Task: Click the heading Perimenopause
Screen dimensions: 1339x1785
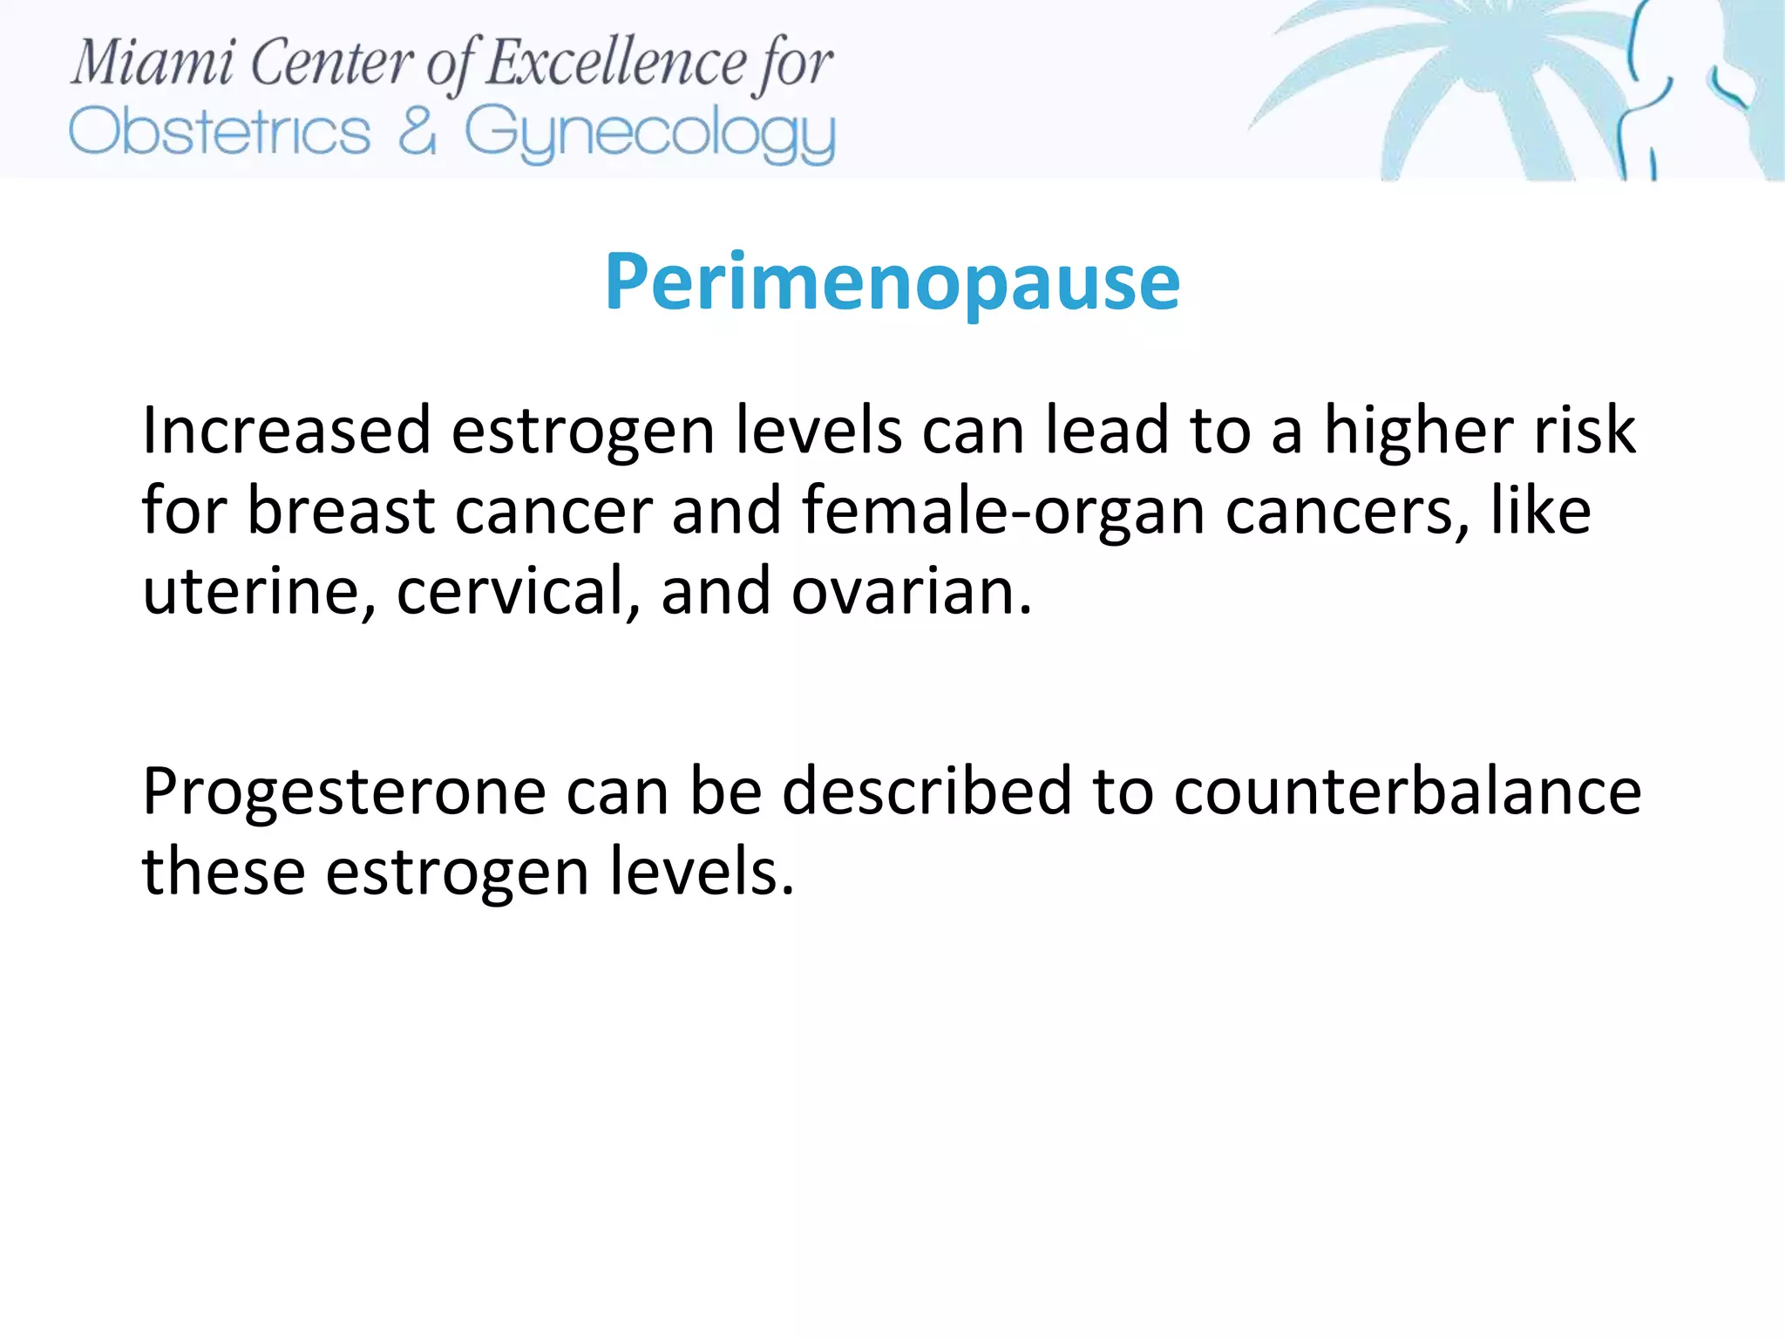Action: [892, 282]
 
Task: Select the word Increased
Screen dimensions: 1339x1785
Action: [287, 430]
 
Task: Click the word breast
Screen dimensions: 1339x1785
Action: [341, 510]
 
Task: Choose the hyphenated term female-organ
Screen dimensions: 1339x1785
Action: [1003, 512]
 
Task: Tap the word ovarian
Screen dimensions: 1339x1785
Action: [912, 591]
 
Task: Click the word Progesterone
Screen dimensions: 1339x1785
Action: [344, 792]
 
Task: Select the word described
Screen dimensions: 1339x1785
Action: [926, 791]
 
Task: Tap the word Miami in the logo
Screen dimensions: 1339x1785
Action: [153, 63]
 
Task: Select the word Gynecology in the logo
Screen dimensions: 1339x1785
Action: [649, 134]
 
